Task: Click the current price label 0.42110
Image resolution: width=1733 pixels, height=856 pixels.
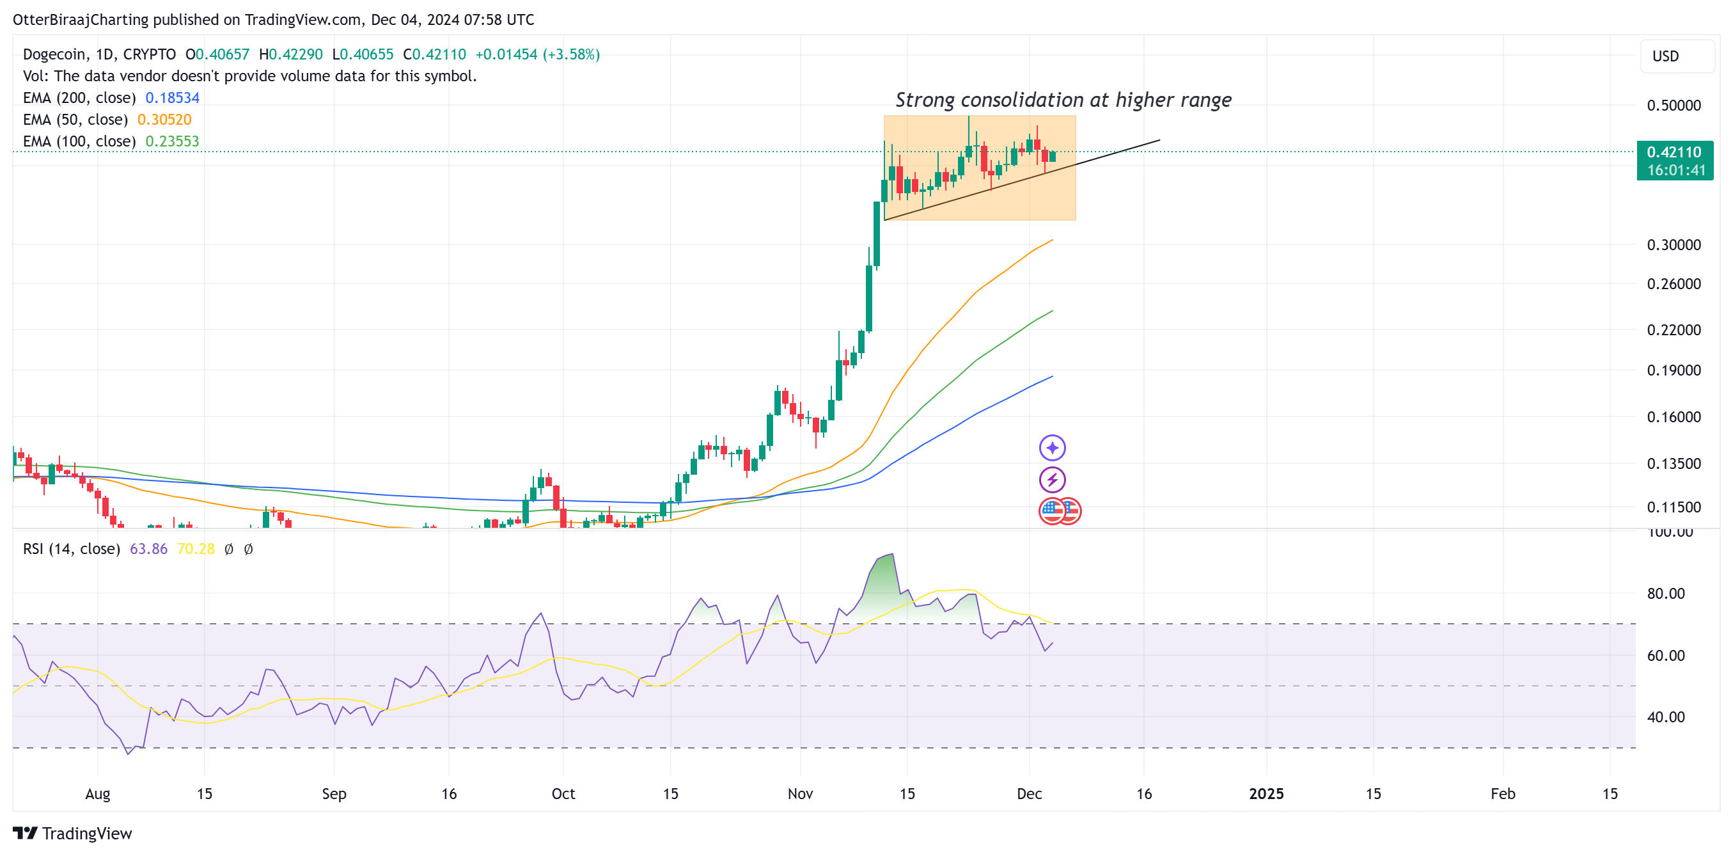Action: click(1673, 152)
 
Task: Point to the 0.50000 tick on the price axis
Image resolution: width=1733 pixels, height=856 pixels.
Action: click(1673, 106)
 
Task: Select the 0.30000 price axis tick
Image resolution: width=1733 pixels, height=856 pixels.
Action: click(1673, 245)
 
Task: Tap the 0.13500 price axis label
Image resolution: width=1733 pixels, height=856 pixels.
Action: click(1673, 464)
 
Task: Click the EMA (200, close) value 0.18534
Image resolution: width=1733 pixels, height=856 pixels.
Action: click(172, 98)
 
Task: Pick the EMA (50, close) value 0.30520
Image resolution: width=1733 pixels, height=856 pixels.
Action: click(164, 119)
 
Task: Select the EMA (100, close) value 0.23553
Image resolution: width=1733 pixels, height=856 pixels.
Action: click(172, 141)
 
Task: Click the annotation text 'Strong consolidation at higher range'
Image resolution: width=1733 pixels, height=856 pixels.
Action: click(1063, 100)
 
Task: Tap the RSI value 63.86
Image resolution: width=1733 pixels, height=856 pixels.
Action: click(148, 549)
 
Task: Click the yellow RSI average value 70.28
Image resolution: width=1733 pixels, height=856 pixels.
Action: click(195, 549)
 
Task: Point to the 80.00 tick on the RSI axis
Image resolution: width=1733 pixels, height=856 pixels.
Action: click(1665, 594)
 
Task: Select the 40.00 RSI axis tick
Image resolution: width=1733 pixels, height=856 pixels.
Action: click(1665, 717)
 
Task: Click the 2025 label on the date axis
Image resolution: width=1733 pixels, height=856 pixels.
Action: click(1266, 794)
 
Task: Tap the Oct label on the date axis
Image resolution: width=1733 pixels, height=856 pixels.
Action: click(563, 794)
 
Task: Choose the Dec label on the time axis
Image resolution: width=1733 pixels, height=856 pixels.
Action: click(1029, 794)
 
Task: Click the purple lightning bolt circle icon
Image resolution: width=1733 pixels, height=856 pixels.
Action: click(1052, 480)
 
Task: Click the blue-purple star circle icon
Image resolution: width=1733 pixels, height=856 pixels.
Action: click(1052, 448)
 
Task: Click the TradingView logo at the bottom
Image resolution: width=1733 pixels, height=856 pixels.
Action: click(73, 833)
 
